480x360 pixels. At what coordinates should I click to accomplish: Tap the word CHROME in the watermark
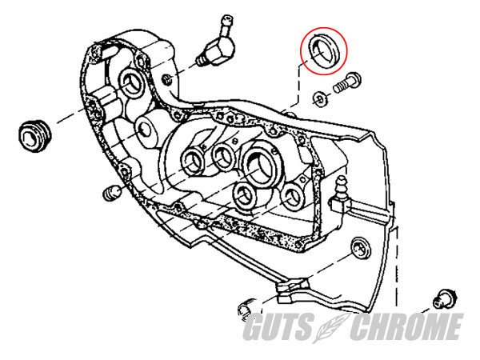coord(406,326)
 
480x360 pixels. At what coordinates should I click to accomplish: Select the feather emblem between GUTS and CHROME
coord(330,327)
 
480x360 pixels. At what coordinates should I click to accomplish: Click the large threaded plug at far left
coord(34,136)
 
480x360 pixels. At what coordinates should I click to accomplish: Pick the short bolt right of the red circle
coord(347,82)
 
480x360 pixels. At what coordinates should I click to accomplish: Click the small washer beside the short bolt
coord(320,98)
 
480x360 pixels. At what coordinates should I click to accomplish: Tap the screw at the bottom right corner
coord(445,298)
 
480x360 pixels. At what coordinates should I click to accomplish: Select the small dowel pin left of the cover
coord(112,193)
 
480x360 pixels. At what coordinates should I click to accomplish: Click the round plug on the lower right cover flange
coord(362,247)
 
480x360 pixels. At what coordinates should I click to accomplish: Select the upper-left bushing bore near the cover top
coord(133,82)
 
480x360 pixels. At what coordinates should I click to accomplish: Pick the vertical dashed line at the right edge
coord(398,266)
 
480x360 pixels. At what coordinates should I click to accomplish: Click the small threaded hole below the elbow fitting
coord(167,79)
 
